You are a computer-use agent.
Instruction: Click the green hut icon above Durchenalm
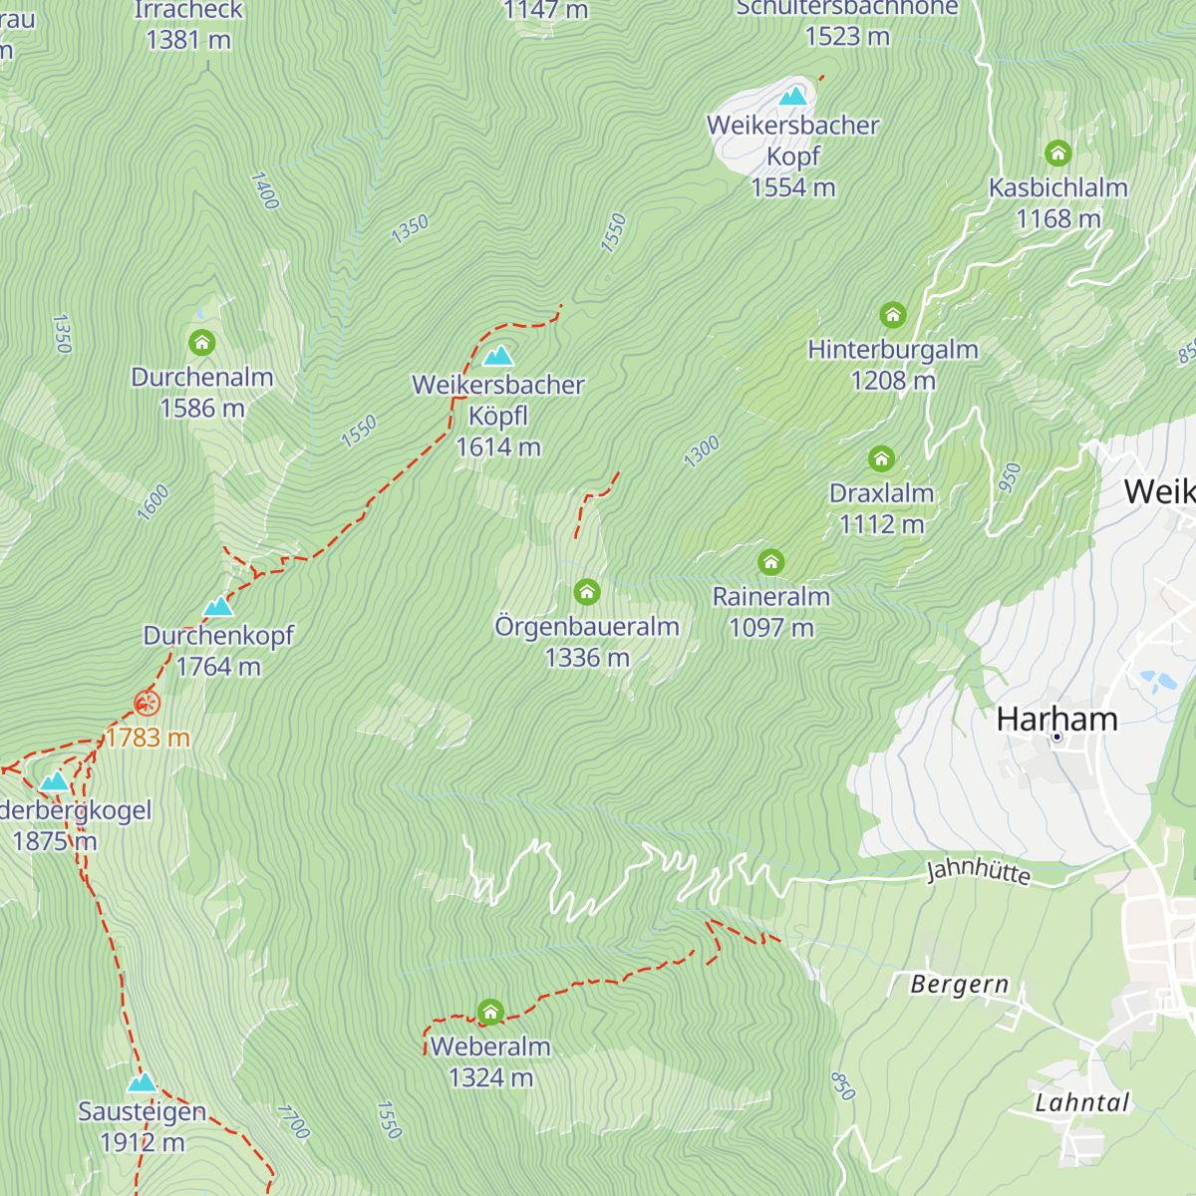[202, 344]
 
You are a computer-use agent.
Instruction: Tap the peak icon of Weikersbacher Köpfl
[498, 356]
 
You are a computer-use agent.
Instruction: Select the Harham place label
[1056, 719]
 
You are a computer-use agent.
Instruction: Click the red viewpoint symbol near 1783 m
[147, 705]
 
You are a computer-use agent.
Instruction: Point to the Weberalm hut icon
[490, 1013]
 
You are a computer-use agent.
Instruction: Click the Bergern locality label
[959, 985]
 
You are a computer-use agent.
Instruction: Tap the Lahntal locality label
[1081, 1102]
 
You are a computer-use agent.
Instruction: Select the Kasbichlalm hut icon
[1057, 153]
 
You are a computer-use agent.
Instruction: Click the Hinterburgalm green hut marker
[893, 316]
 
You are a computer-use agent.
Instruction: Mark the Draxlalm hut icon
[881, 458]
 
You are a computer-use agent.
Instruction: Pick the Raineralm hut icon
[770, 562]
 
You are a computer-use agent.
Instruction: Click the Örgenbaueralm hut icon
[587, 593]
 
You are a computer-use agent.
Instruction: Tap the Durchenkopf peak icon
[218, 606]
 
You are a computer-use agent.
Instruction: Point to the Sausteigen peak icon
[142, 1082]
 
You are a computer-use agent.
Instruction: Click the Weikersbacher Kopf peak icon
[793, 96]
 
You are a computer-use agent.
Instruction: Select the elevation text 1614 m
[498, 448]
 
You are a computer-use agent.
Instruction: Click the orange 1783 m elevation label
[148, 738]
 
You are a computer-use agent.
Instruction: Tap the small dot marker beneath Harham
[1056, 738]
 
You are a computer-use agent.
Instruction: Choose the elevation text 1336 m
[587, 658]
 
